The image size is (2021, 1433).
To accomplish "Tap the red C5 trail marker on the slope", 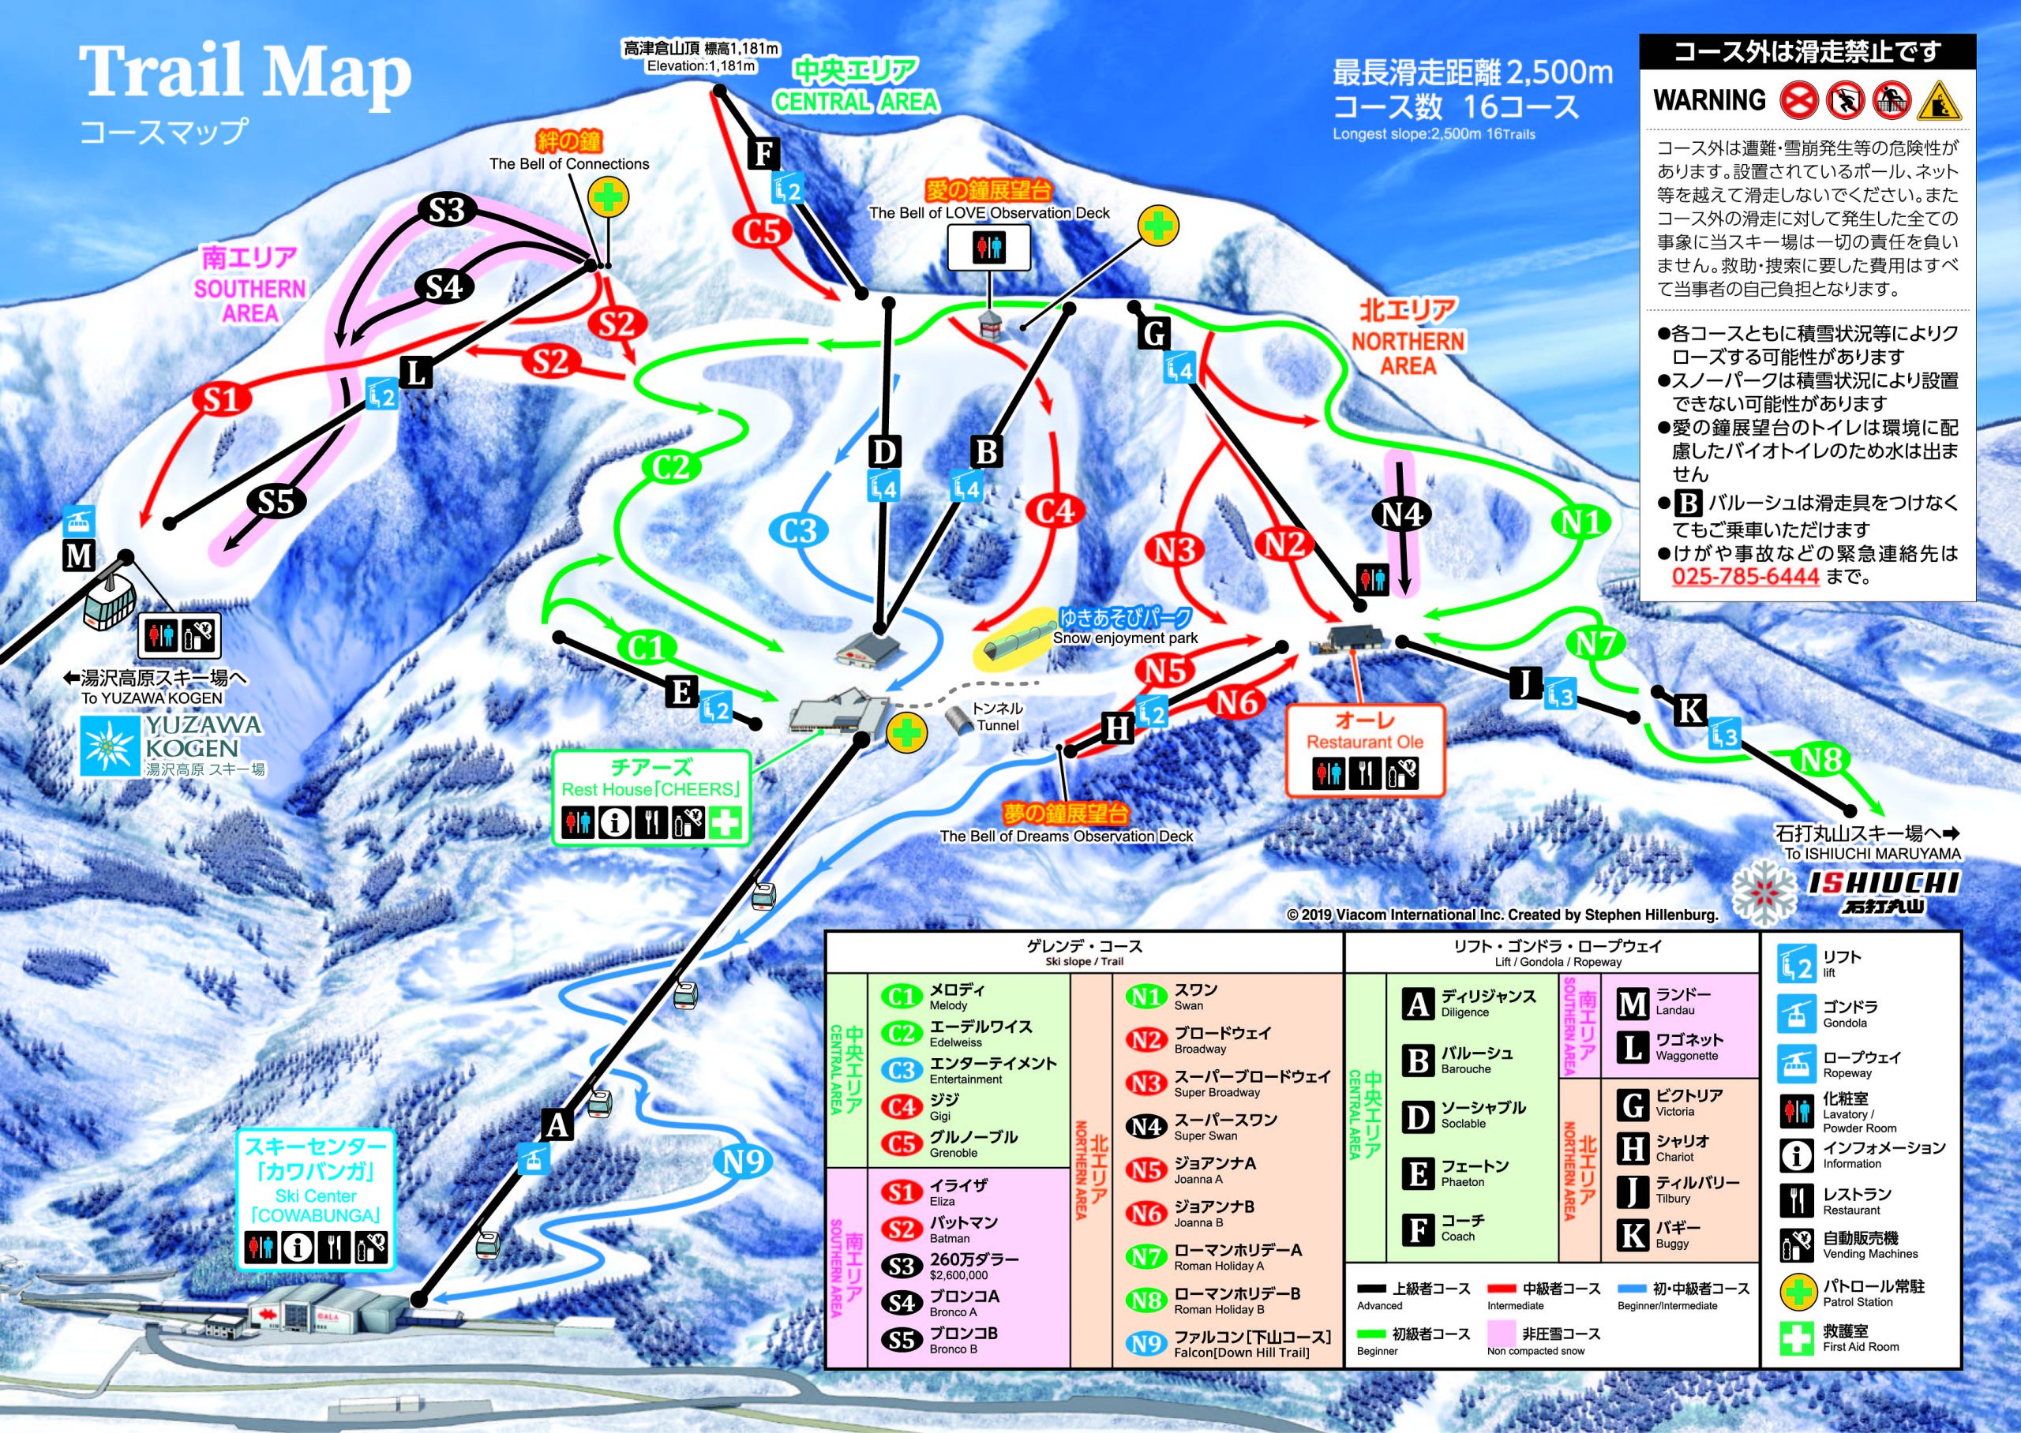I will tap(762, 231).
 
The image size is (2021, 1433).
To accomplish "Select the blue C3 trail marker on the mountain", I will tap(799, 530).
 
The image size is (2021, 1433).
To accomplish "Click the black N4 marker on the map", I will tap(1401, 514).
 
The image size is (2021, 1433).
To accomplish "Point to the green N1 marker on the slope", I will tap(1581, 522).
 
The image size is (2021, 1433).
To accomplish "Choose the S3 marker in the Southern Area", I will tap(447, 210).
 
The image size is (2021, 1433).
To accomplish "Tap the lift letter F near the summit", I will tap(763, 154).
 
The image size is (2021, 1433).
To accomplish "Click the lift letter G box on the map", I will tap(1154, 334).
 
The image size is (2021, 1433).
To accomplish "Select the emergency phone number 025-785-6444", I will tap(1745, 577).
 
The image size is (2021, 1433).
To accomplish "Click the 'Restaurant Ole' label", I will tap(1364, 742).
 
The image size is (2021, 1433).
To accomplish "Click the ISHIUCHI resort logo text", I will tap(1882, 883).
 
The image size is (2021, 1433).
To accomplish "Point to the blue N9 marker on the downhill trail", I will tap(743, 1162).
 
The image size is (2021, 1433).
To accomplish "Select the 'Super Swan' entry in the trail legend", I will tap(1205, 1136).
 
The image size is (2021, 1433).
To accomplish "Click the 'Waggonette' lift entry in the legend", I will tap(1686, 1055).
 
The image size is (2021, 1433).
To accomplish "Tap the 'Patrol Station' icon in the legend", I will tap(1796, 1293).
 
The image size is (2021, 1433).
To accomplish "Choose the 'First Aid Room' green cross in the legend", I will tap(1796, 1338).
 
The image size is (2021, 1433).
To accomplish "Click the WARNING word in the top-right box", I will tap(1708, 99).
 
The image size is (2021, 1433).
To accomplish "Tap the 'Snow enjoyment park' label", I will tap(1125, 638).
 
